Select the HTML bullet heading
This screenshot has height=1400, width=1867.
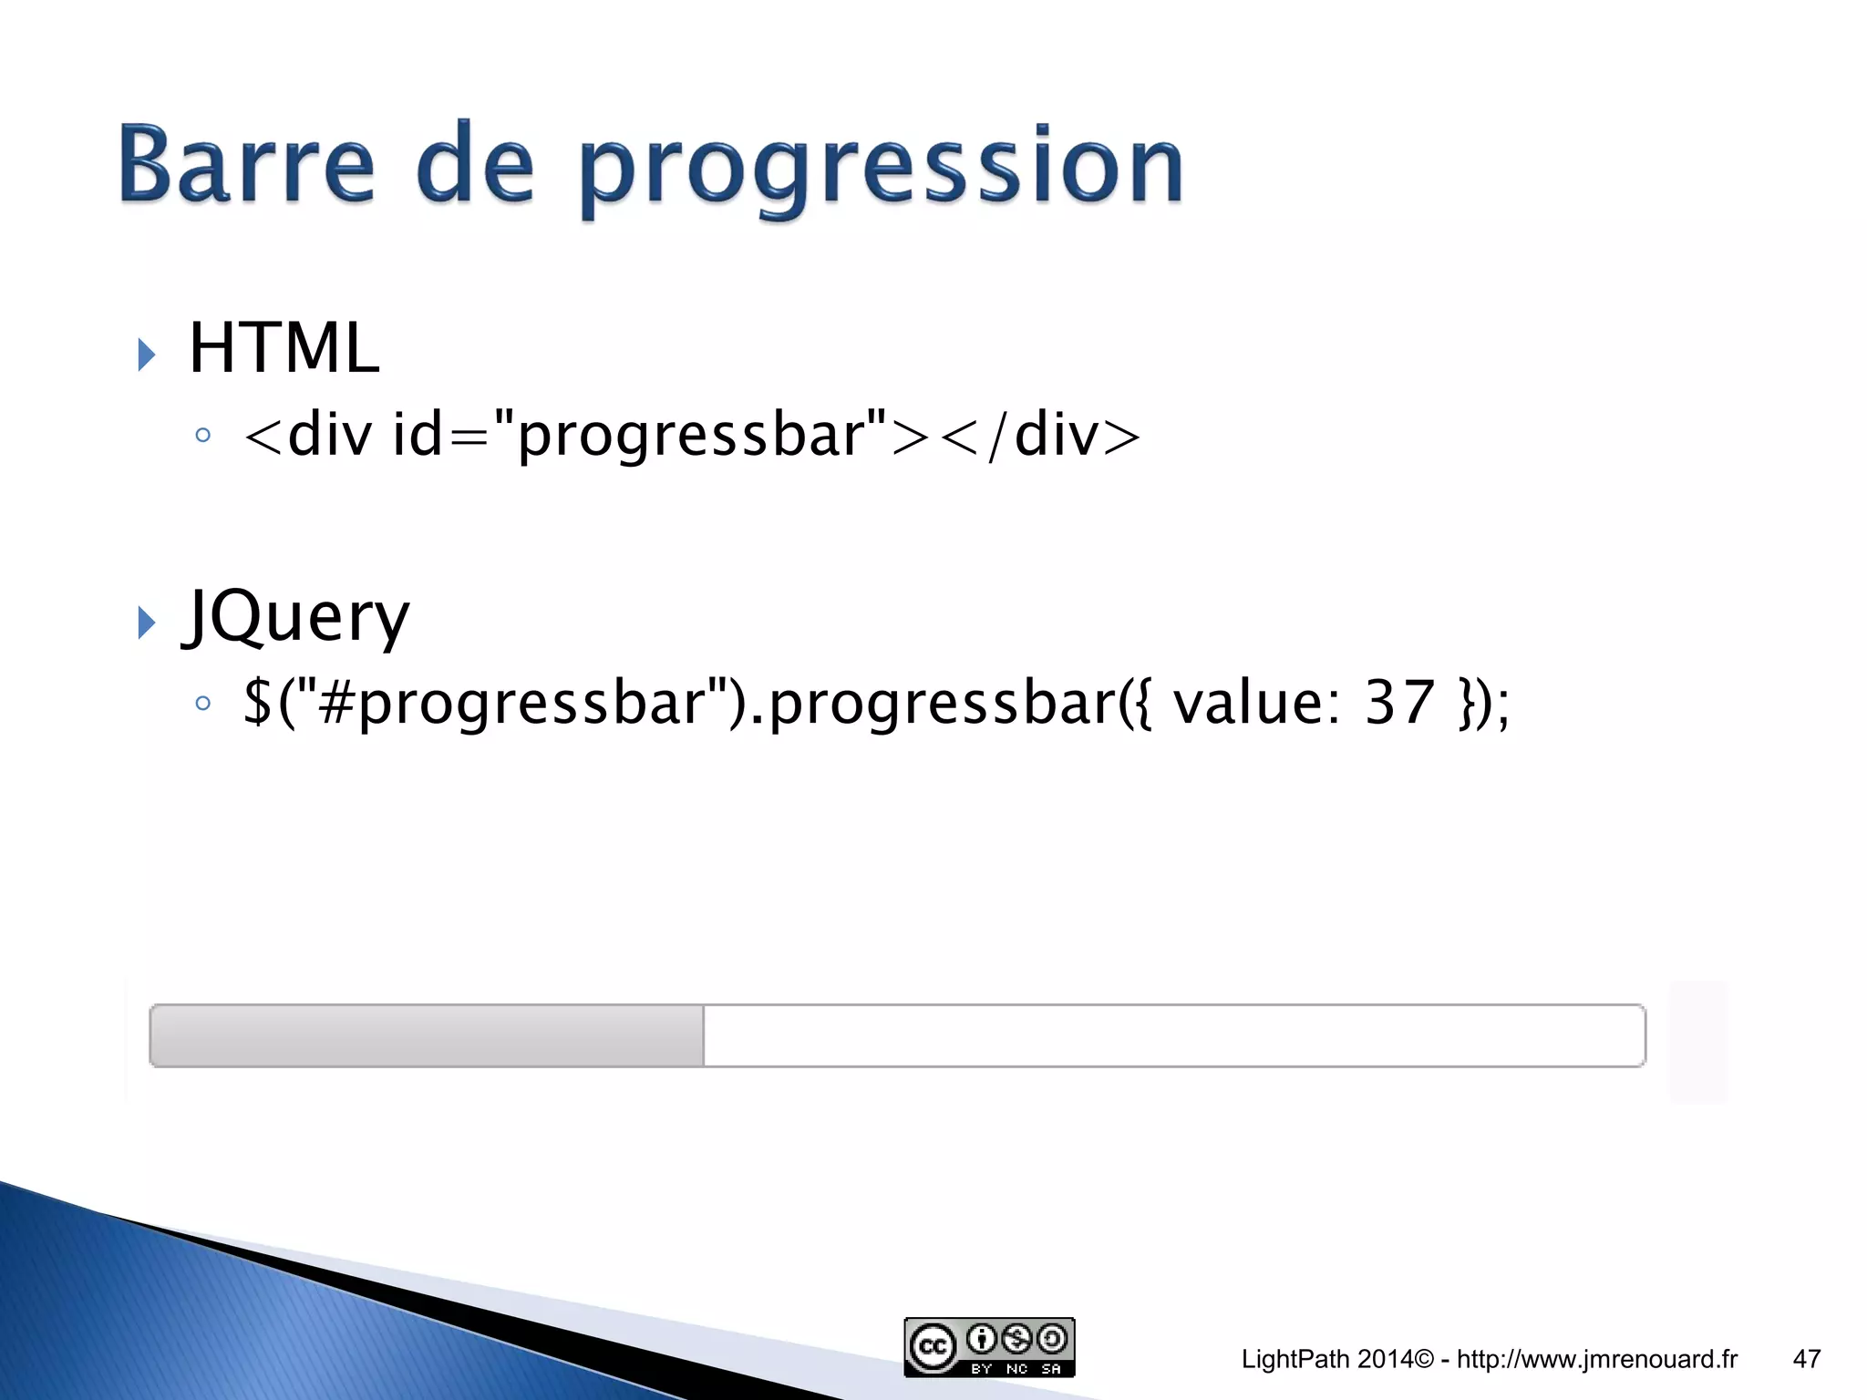point(284,348)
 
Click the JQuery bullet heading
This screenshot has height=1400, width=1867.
point(296,617)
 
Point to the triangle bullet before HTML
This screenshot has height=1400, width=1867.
point(146,354)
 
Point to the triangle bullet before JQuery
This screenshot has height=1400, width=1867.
point(146,623)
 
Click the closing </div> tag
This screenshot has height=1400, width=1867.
point(1040,435)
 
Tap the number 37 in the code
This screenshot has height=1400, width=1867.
point(1399,703)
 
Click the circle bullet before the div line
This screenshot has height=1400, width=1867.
point(203,436)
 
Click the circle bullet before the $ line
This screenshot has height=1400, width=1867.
point(203,703)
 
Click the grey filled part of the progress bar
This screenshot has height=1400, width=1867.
point(427,1035)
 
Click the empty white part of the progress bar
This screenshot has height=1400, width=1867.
point(1174,1035)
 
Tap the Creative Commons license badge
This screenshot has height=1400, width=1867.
point(989,1347)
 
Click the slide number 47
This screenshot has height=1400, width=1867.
point(1806,1359)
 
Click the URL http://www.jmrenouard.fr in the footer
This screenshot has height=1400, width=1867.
point(1597,1359)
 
